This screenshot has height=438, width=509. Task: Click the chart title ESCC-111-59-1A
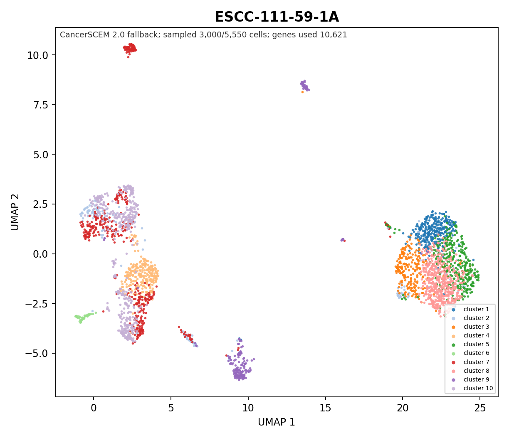pyautogui.click(x=277, y=17)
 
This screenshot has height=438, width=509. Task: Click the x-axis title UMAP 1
pyautogui.click(x=276, y=422)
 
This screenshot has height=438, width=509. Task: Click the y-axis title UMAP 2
pyautogui.click(x=15, y=212)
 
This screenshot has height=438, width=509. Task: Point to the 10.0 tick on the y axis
pyautogui.click(x=38, y=55)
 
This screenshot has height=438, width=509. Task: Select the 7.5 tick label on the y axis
pyautogui.click(x=41, y=105)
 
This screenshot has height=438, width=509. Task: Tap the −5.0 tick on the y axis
pyautogui.click(x=37, y=353)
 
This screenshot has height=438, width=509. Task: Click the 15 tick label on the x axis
pyautogui.click(x=325, y=408)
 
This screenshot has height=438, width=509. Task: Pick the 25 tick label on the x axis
pyautogui.click(x=480, y=408)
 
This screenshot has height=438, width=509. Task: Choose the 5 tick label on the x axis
pyautogui.click(x=171, y=408)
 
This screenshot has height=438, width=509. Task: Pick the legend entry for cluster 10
pyautogui.click(x=472, y=388)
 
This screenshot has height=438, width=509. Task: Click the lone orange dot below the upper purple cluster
pyautogui.click(x=302, y=92)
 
